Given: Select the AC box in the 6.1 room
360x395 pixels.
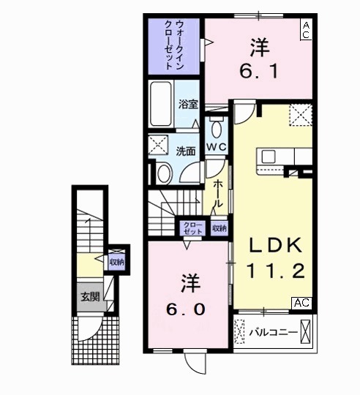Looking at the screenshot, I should [x=306, y=29].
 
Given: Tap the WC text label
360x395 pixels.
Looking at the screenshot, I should [x=215, y=147].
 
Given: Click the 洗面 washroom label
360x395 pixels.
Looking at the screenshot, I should [x=186, y=151].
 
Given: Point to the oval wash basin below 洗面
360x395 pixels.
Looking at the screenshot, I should [x=164, y=173].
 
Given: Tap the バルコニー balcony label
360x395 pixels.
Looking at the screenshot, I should [x=272, y=333].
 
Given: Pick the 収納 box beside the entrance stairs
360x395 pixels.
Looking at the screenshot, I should [x=116, y=261].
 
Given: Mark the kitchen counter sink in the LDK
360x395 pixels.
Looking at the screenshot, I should [x=267, y=156].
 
